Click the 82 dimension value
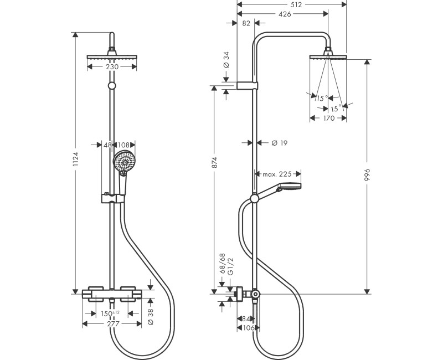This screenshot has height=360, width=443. pyautogui.click(x=247, y=23)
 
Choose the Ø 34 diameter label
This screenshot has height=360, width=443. pyautogui.click(x=226, y=59)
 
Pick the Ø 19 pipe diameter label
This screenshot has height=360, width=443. pyautogui.click(x=279, y=143)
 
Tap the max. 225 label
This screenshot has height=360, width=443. pyautogui.click(x=277, y=174)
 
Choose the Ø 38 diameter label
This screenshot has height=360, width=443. pyautogui.click(x=151, y=315)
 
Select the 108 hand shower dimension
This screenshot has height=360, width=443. pyautogui.click(x=124, y=145)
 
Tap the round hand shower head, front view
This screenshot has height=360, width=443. pyautogui.click(x=124, y=161)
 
